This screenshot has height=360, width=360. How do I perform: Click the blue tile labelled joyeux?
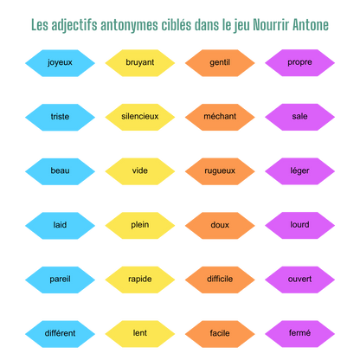pos(60,63)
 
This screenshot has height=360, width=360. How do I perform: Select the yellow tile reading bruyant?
pos(140,63)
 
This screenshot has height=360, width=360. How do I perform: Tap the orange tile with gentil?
pos(220,63)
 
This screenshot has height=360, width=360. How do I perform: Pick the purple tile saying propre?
pos(299,63)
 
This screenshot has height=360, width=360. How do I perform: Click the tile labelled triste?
pos(60,118)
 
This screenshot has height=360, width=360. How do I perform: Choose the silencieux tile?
pos(140,117)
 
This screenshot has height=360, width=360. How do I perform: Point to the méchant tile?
pos(220,117)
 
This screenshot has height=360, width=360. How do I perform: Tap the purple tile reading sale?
pos(299,117)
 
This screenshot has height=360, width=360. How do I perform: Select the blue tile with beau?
pos(60,171)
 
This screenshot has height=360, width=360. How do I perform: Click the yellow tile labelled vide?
pos(140,171)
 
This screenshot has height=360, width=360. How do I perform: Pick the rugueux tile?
pos(220,171)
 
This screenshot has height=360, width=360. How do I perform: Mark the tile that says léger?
pos(299,171)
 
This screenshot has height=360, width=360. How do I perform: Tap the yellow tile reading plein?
pos(140,226)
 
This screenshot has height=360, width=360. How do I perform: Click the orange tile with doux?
pos(220,226)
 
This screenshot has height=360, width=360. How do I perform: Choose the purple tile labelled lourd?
pos(299,226)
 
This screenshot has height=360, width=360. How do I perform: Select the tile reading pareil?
pos(60,280)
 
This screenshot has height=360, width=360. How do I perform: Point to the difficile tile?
pos(220,280)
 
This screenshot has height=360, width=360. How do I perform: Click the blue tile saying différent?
pos(60,334)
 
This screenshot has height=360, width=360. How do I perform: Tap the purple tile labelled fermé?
pos(299,334)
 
